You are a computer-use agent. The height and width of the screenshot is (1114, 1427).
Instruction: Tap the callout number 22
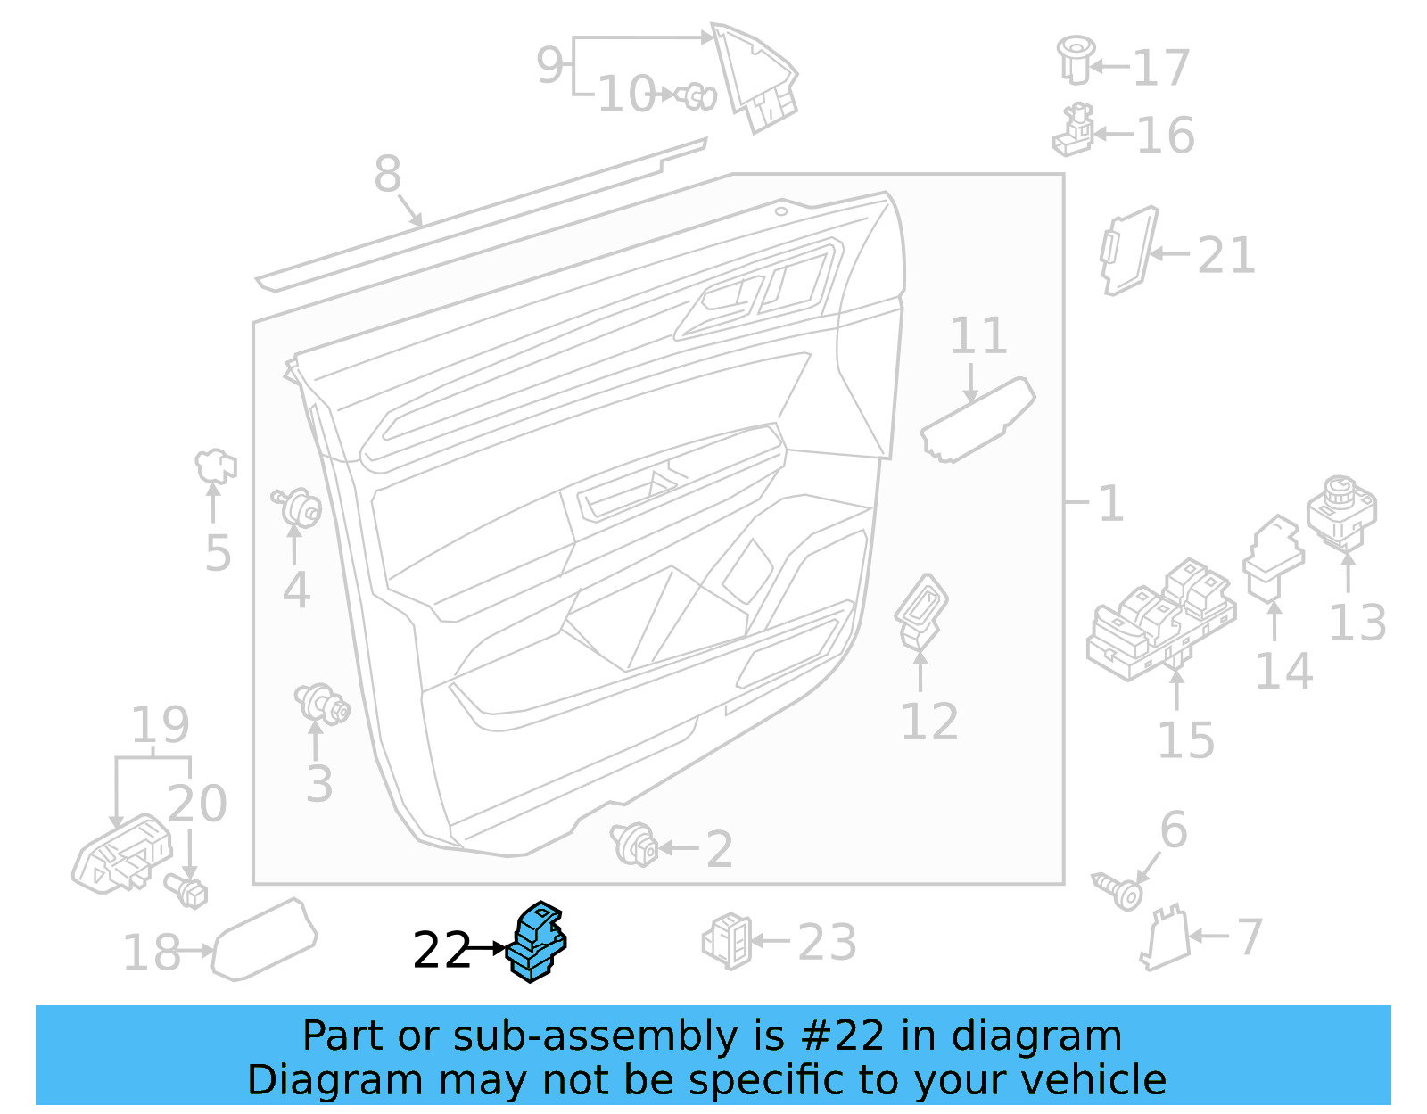(441, 950)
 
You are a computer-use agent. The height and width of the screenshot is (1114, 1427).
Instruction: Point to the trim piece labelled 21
(1129, 250)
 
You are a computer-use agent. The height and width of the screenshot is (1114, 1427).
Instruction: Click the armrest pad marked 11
(977, 420)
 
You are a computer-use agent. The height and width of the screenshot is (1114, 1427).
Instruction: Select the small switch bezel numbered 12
(920, 611)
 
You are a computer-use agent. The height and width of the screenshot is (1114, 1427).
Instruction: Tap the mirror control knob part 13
(1341, 512)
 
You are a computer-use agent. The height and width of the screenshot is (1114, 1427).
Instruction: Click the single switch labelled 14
(1274, 558)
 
